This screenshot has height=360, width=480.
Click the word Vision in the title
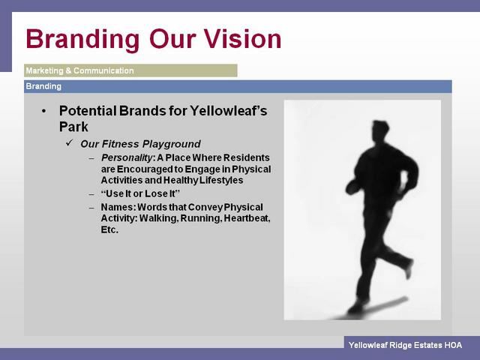coord(242,39)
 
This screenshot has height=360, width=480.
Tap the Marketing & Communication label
coord(80,70)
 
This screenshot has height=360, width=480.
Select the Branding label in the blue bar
coord(43,87)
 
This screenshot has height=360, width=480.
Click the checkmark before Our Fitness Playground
coord(70,142)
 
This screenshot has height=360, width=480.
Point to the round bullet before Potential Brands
coord(44,111)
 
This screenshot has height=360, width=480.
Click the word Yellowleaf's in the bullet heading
coord(228,111)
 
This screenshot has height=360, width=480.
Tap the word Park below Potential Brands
coord(73,127)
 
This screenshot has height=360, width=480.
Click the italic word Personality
coord(127,158)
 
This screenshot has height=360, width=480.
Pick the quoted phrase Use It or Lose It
coord(140,193)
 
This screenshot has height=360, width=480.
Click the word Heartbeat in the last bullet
coord(247,218)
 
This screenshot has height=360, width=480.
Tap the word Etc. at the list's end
coord(109,229)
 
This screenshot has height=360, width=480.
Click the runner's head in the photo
coord(380,130)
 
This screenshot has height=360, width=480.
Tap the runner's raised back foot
coord(409,269)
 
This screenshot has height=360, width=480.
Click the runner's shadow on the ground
coord(379,307)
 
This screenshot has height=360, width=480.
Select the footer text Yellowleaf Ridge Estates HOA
coord(405,345)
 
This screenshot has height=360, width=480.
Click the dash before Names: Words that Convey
coord(91,208)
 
